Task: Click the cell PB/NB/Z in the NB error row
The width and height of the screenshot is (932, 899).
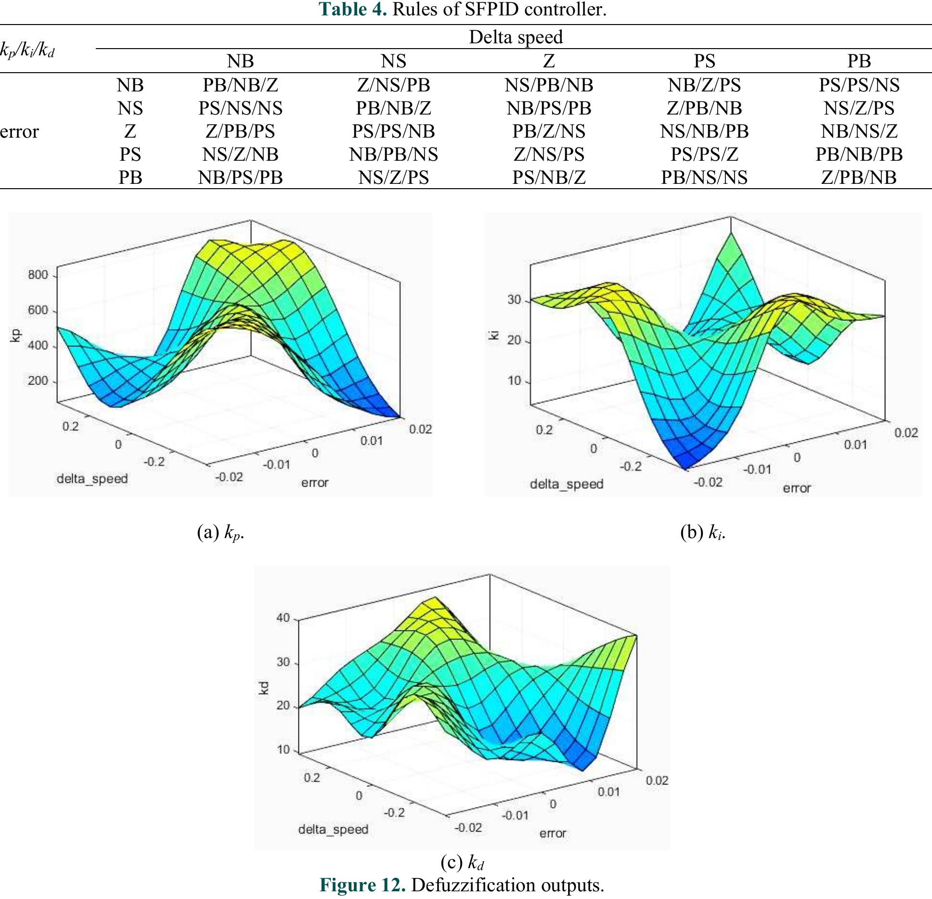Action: click(240, 85)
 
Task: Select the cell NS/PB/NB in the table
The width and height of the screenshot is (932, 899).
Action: click(548, 85)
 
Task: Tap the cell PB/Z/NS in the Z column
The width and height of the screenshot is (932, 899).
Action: click(548, 131)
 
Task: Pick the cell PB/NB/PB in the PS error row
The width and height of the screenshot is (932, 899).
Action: click(858, 154)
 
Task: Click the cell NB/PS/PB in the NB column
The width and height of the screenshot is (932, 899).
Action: click(240, 178)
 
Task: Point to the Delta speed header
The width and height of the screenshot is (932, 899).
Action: click(515, 37)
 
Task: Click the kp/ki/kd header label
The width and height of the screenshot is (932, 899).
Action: click(27, 50)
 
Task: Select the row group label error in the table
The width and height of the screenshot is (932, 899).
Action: click(19, 131)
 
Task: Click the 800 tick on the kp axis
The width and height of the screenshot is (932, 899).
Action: click(38, 275)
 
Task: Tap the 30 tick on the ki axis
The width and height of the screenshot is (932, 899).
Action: click(514, 300)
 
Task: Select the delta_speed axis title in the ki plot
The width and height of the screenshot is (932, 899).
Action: click(566, 484)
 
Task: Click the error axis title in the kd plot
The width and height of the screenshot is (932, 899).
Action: click(553, 833)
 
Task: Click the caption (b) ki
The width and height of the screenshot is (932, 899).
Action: click(702, 533)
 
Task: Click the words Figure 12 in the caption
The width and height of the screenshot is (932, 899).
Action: click(362, 885)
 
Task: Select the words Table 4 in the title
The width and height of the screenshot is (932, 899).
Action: click(353, 9)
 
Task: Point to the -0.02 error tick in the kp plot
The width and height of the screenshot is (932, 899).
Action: click(229, 477)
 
